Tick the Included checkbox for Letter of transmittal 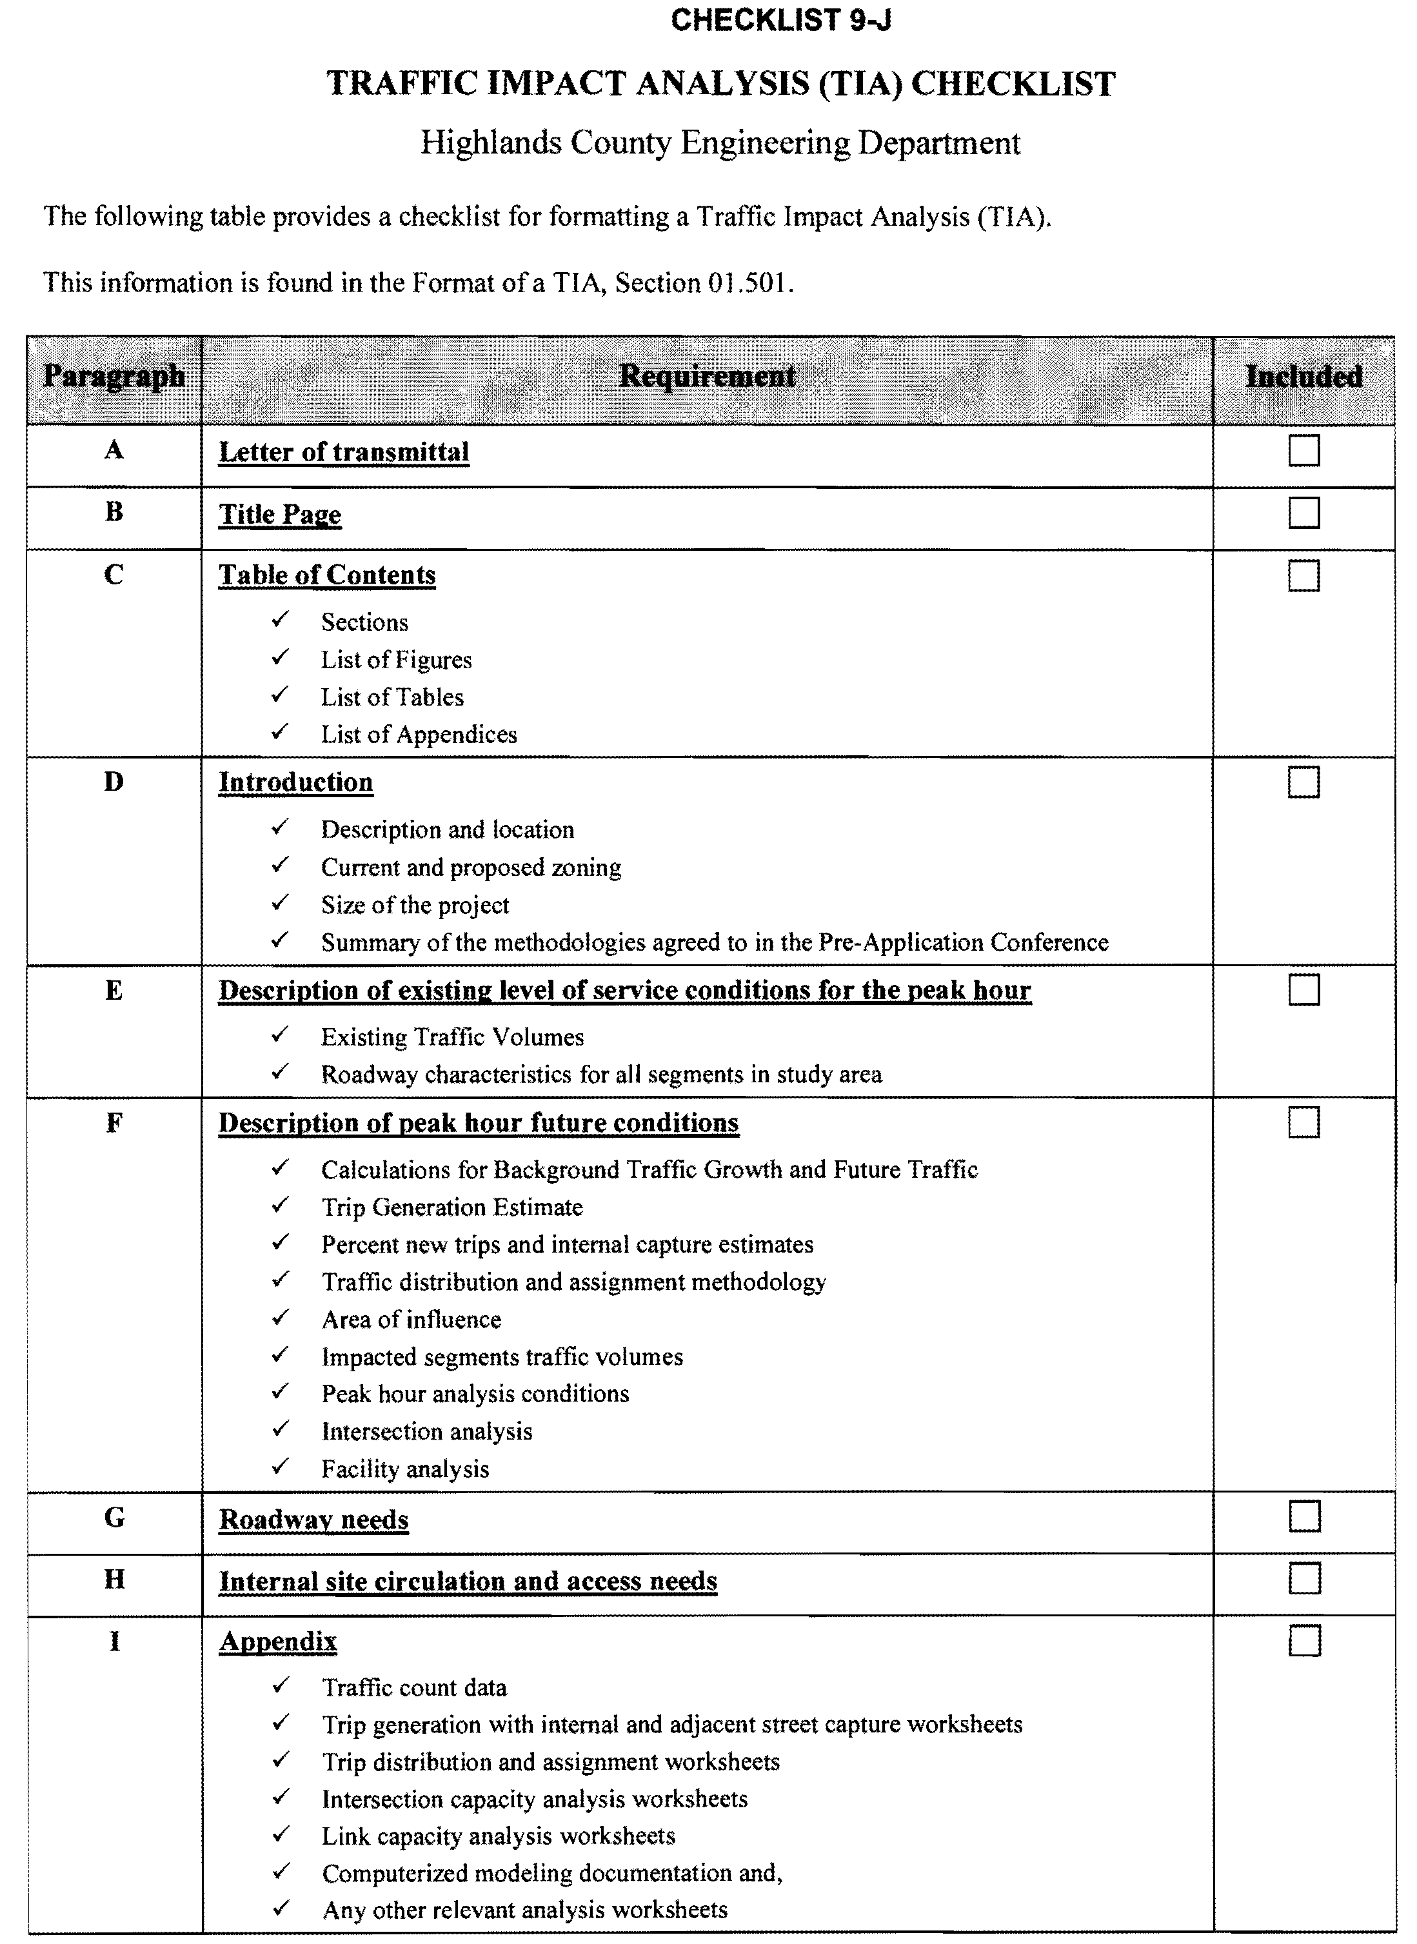click(1303, 451)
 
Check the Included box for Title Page click(1303, 513)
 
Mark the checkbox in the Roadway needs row click(1303, 1516)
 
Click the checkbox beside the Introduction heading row click(1303, 782)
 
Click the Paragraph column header click(114, 377)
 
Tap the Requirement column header click(707, 377)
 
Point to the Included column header click(1303, 377)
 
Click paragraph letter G click(114, 1518)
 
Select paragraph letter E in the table click(114, 991)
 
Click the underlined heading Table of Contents click(327, 575)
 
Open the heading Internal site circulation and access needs click(468, 1580)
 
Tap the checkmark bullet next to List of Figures click(280, 658)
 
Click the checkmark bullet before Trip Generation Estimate click(280, 1205)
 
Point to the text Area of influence click(411, 1319)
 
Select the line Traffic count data click(414, 1687)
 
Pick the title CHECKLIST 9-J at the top click(780, 20)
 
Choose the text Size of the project click(415, 905)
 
